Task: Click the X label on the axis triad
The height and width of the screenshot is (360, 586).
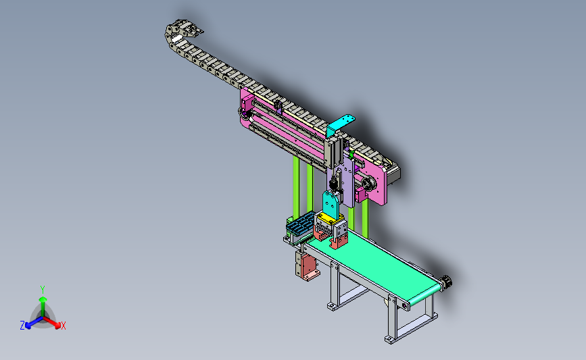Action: pos(63,326)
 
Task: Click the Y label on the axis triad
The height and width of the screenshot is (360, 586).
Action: pos(43,290)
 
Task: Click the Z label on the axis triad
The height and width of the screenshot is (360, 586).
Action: pos(22,326)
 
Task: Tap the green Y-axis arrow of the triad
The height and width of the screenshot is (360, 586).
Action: pos(43,307)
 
